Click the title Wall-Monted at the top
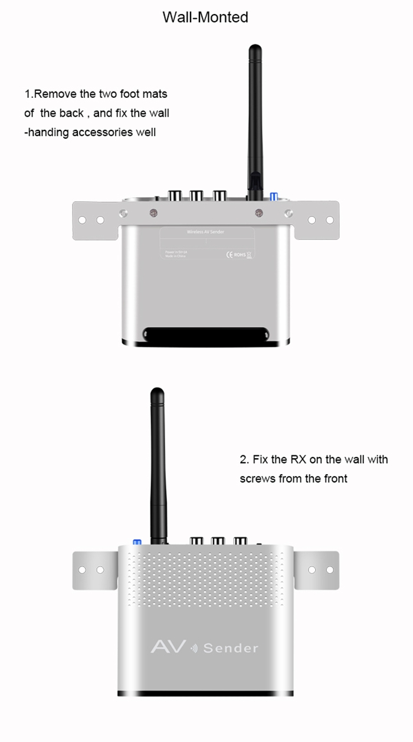tap(205, 17)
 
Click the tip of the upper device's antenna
tap(255, 49)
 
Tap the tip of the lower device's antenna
tap(156, 392)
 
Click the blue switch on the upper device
tap(273, 196)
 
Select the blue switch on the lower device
tap(137, 541)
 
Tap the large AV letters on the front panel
tap(168, 646)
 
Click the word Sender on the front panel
tap(231, 648)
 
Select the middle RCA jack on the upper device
tap(197, 195)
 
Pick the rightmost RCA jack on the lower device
tap(240, 540)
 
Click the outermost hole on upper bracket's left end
tap(83, 220)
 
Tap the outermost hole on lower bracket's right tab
tap(329, 570)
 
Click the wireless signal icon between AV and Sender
tap(194, 649)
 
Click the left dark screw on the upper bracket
tap(153, 212)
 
